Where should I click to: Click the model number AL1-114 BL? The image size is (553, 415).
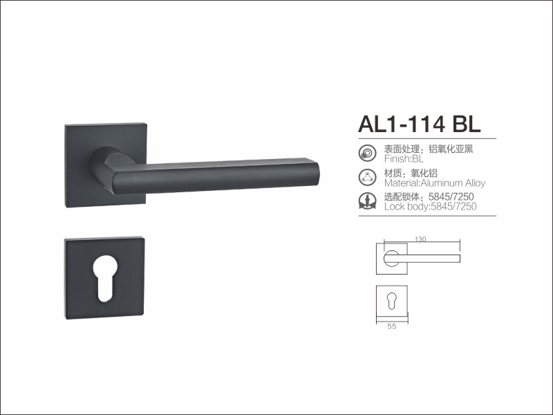(x=420, y=124)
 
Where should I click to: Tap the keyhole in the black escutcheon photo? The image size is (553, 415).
(x=105, y=279)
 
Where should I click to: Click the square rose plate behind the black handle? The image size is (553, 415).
(x=106, y=165)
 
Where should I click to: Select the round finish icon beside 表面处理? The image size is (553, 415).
(x=367, y=153)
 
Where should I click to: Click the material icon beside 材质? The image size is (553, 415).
(x=367, y=177)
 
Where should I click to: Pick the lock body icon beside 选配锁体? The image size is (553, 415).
(x=367, y=201)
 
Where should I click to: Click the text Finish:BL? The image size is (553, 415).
(x=404, y=158)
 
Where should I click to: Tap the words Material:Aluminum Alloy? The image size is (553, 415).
(x=435, y=183)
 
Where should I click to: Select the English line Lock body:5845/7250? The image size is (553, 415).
(x=430, y=206)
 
